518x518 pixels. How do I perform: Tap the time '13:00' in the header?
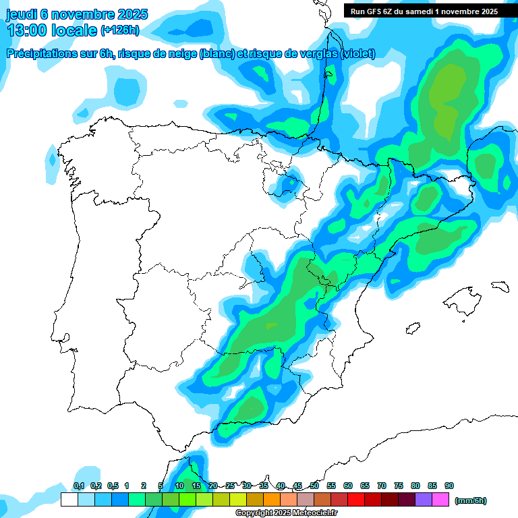[28, 30]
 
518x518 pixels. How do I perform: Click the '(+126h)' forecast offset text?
[119, 30]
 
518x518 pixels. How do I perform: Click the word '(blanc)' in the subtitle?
[217, 54]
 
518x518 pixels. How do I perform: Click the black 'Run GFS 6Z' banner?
[424, 11]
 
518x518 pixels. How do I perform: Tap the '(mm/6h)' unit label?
[471, 500]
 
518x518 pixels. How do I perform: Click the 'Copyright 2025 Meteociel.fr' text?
[286, 513]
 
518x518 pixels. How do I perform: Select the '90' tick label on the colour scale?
[449, 486]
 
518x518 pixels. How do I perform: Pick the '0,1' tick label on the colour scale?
[79, 486]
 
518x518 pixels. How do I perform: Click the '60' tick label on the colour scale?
[348, 486]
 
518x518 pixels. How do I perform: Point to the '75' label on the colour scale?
[399, 486]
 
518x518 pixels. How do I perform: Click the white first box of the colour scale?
[69, 500]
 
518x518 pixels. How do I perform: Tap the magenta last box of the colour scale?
[440, 500]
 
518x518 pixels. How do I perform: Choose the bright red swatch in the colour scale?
[356, 500]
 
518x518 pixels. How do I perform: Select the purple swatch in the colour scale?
[424, 500]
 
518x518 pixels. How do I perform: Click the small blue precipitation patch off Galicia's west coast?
[52, 161]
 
